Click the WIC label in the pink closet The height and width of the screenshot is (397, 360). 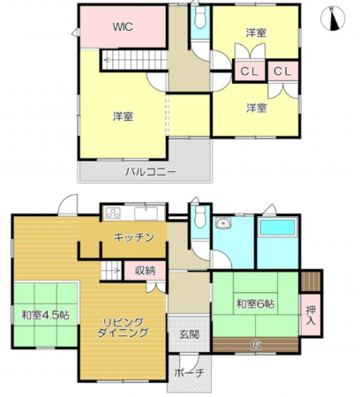pyautogui.click(x=122, y=26)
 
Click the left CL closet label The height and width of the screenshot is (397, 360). pyautogui.click(x=249, y=71)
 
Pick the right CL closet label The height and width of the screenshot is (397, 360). pyautogui.click(x=283, y=71)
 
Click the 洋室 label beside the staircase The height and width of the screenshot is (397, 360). pyautogui.click(x=123, y=116)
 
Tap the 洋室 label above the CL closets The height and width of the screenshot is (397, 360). pyautogui.click(x=256, y=33)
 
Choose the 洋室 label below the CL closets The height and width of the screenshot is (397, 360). pyautogui.click(x=256, y=108)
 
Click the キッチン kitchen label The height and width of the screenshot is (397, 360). pyautogui.click(x=134, y=236)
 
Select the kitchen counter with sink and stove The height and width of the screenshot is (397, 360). pyautogui.click(x=132, y=213)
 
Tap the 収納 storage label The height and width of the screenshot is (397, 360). pyautogui.click(x=145, y=271)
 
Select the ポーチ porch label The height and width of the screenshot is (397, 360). pyautogui.click(x=189, y=373)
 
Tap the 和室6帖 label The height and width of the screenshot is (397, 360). pyautogui.click(x=255, y=304)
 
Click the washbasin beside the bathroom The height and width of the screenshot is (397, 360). pyautogui.click(x=221, y=224)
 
